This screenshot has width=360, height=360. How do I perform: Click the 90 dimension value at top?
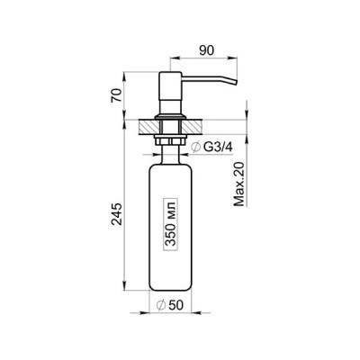(206, 50)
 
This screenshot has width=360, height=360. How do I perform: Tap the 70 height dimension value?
(117, 95)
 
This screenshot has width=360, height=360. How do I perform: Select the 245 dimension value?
(117, 213)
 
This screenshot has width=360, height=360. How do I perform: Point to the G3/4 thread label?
(218, 147)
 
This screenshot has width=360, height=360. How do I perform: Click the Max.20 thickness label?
(239, 184)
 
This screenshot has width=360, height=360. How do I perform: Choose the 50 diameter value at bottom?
(175, 305)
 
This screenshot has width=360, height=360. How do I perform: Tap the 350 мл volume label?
(170, 224)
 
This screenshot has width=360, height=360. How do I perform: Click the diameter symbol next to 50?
(161, 305)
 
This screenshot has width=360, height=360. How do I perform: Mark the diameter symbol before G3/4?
(196, 148)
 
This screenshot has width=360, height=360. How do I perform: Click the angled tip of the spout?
(234, 82)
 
